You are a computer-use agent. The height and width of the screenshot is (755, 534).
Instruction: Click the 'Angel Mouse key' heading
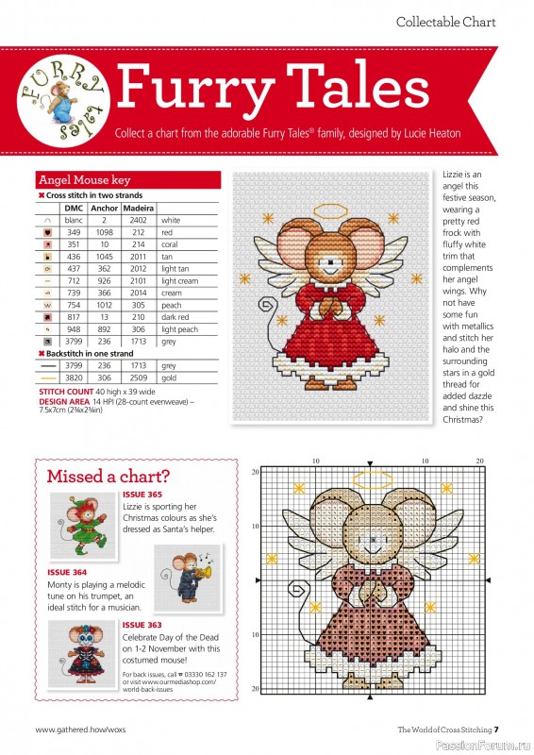84,179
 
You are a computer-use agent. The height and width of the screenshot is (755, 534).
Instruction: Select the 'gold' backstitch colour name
170,376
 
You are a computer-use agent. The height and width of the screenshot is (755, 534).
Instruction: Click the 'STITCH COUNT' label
65,390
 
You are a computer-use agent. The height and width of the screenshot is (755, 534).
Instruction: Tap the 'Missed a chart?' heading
109,475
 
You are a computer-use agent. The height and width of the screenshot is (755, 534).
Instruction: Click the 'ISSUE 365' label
142,495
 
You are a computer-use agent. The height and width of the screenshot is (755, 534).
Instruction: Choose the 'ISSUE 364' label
67,572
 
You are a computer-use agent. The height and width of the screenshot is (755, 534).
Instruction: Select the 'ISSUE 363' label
142,625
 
